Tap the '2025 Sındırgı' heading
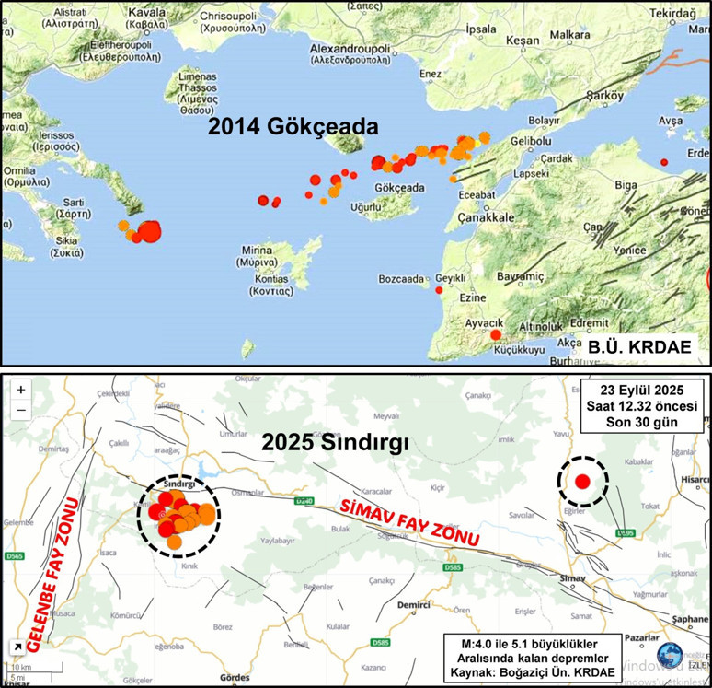(335, 443)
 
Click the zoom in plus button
(21, 390)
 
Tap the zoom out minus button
(21, 411)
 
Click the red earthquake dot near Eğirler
(582, 481)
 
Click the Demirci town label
(415, 605)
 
